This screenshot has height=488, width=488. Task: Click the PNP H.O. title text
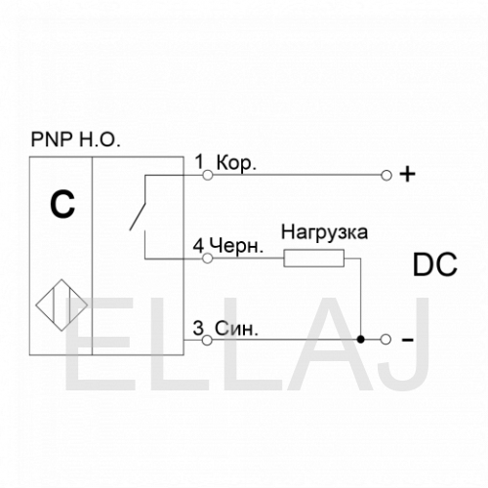[75, 140]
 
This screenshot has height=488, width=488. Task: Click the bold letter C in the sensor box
[62, 204]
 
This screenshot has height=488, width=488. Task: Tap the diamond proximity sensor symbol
[61, 305]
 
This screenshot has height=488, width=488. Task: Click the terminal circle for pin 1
[208, 176]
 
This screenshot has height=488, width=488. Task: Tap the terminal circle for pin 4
[208, 259]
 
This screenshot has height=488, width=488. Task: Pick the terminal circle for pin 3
[207, 341]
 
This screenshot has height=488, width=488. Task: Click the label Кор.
[236, 163]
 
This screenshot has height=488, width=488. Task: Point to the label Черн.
[236, 246]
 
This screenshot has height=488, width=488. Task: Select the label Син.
[236, 329]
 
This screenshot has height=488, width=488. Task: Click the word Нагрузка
[324, 233]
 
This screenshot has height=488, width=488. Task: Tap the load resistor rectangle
[314, 259]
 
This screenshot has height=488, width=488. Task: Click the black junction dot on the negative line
[360, 340]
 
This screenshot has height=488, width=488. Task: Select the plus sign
[407, 174]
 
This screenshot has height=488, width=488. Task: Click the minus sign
[408, 341]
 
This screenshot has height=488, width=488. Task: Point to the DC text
[435, 264]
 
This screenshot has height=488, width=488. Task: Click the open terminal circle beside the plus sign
[386, 176]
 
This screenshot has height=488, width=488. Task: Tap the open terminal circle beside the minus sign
[386, 340]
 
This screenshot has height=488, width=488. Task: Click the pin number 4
[198, 246]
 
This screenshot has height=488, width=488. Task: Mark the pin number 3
[198, 328]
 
